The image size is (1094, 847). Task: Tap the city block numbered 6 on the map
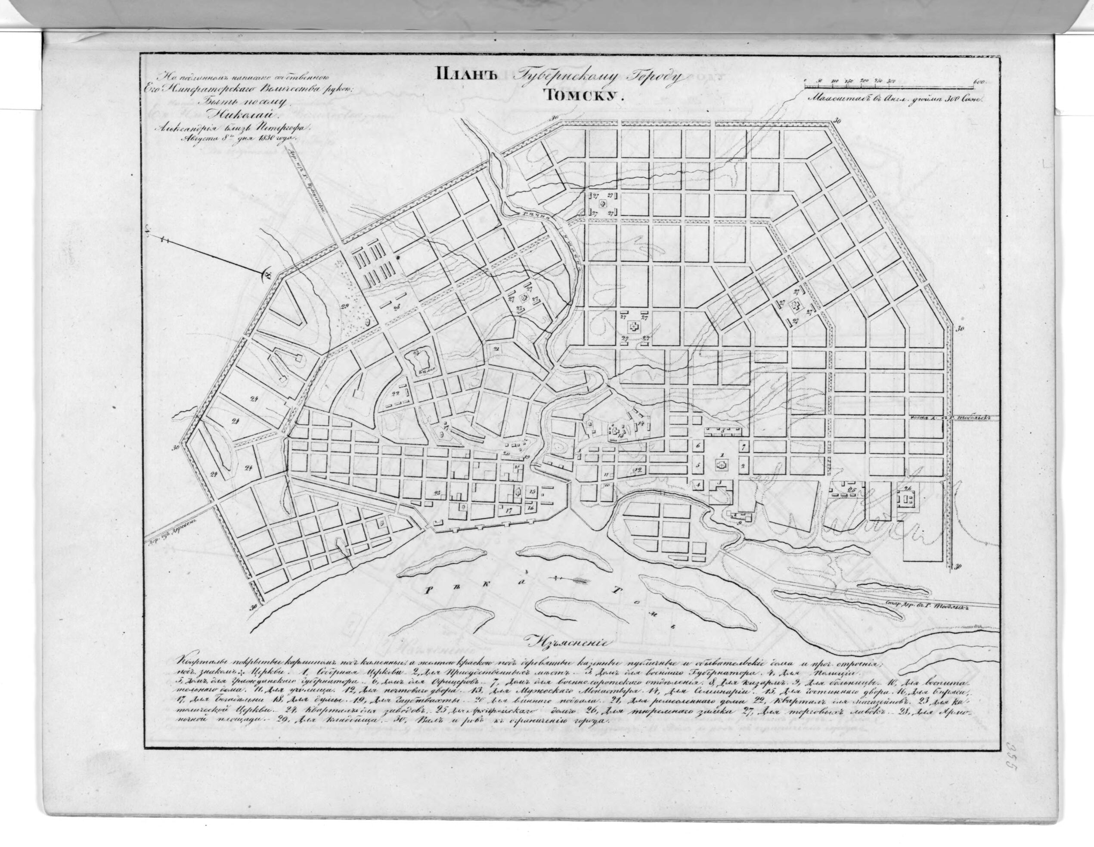699,445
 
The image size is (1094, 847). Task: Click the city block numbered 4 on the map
697,485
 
